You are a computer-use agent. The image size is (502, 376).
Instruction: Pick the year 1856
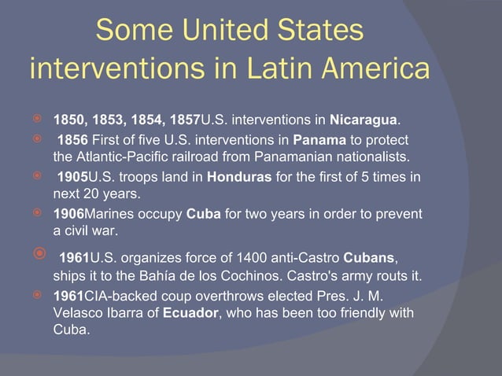point(74,139)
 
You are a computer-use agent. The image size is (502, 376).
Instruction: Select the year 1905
point(74,177)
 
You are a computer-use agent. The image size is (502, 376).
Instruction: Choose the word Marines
point(109,215)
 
